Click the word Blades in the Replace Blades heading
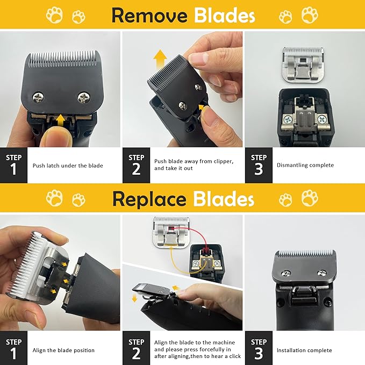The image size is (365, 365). point(221,199)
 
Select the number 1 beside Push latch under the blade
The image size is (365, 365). point(13,169)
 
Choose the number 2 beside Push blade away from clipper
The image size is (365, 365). point(136,169)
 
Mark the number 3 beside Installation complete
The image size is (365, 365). point(259,353)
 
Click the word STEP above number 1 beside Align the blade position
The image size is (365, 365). point(13,342)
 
